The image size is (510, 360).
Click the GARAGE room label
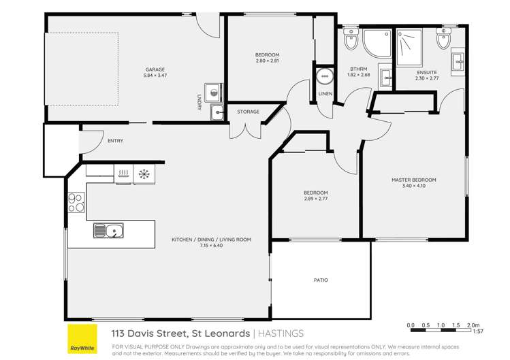[x=155, y=69]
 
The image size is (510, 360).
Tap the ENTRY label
[x=115, y=141]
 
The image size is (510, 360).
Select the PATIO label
[x=321, y=280]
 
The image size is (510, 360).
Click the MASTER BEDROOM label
[x=413, y=180]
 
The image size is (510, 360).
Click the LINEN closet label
[x=325, y=94]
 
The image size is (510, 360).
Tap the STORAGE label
[x=248, y=111]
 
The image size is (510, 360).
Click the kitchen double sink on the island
[x=108, y=231]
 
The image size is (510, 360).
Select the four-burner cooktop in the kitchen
[x=76, y=203]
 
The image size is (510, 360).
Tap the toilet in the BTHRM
[x=351, y=40]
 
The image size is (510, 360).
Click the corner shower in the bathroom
[x=375, y=42]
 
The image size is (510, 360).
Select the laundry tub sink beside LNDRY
[x=217, y=112]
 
